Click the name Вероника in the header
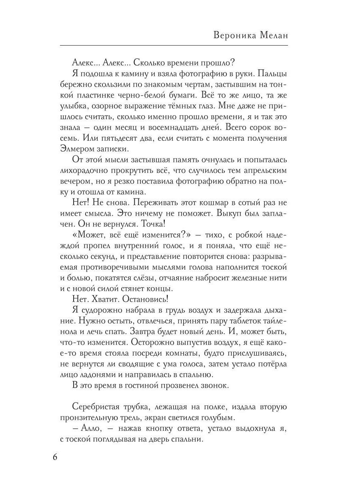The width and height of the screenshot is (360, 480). (x=236, y=35)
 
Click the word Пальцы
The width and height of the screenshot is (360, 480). (x=270, y=74)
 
